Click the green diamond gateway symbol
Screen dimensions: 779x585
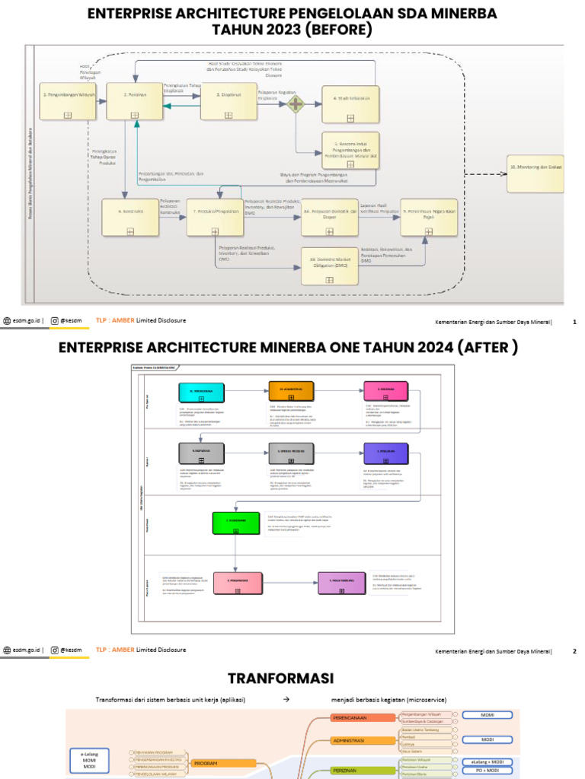pyautogui.click(x=295, y=103)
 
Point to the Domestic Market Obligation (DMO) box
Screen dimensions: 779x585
pyautogui.click(x=330, y=265)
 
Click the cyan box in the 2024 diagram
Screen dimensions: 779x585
pyautogui.click(x=202, y=392)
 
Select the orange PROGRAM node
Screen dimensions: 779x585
pyautogui.click(x=222, y=762)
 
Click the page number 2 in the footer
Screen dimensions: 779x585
pyautogui.click(x=574, y=651)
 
